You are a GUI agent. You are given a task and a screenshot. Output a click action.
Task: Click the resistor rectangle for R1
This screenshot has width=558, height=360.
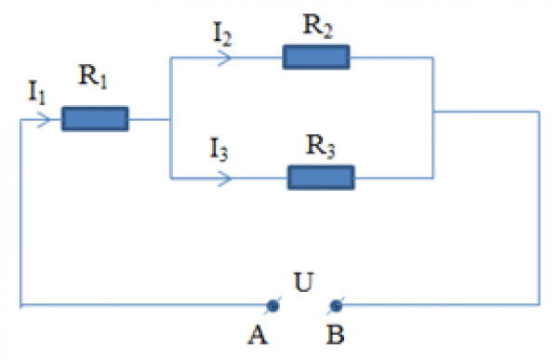[95, 119]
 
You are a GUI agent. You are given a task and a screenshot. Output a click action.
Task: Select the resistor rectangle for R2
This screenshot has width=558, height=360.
[316, 58]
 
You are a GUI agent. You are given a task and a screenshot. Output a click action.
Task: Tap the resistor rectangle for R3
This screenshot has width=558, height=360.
[321, 177]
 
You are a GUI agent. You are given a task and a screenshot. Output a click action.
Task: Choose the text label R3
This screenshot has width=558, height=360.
[321, 143]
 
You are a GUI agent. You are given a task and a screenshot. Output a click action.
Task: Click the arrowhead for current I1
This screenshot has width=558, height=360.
[43, 120]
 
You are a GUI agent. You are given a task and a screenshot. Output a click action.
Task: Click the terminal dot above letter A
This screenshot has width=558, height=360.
[272, 305]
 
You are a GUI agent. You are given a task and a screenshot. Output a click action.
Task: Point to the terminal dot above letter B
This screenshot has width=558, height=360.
[337, 305]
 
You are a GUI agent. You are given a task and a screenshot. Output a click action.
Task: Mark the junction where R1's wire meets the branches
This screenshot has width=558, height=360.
[170, 119]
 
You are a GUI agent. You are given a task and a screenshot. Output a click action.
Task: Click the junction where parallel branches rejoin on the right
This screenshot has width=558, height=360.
[434, 113]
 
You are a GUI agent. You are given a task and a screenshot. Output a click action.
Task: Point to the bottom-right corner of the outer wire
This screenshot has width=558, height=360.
[538, 304]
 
